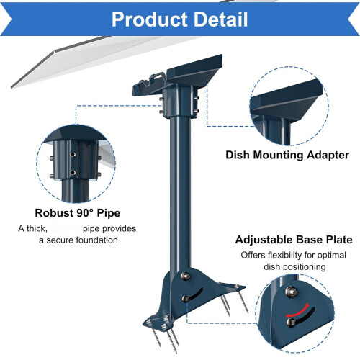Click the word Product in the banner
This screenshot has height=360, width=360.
click(150, 19)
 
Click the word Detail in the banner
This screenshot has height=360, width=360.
click(221, 19)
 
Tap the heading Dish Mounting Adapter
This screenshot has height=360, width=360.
click(287, 155)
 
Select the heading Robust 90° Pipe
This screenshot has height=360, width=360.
click(78, 213)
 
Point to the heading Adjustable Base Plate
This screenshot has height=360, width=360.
click(294, 240)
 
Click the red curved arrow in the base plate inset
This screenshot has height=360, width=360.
click(297, 310)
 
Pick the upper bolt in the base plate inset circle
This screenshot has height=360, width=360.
click(291, 292)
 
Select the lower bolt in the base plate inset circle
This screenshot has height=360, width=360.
click(291, 322)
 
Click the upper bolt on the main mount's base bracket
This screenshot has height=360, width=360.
click(186, 276)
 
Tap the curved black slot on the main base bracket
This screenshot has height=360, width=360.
click(195, 294)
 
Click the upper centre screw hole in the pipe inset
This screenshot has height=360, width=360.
click(73, 154)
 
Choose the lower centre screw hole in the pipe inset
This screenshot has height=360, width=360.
click(73, 172)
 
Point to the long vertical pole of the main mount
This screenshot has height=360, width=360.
click(181, 192)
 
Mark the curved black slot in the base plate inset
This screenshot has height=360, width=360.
click(304, 316)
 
